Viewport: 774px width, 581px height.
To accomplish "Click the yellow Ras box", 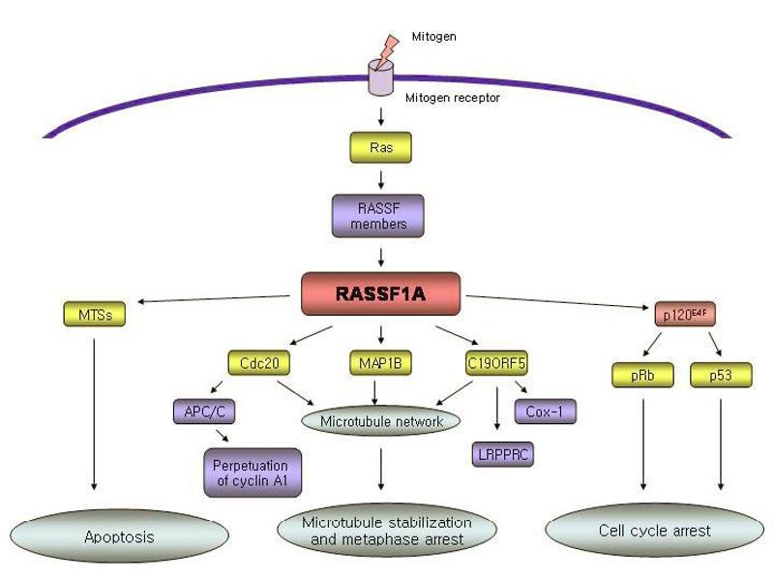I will coord(381,147).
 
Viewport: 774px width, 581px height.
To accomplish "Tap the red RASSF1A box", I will coord(380,293).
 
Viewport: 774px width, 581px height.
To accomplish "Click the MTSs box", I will coord(93,315).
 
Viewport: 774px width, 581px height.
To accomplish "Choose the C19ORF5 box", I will coord(497,364).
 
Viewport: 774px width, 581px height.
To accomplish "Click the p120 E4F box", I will coord(683,315).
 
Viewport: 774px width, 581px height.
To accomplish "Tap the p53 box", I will coord(721,375).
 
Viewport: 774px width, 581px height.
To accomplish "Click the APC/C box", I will coord(204,413).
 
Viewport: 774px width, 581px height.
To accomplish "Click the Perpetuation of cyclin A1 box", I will coord(252,473).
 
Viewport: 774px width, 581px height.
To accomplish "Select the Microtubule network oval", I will coord(381,421).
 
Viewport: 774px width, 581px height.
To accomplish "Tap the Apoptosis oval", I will coord(118,535).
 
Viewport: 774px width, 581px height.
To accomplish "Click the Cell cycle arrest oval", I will coord(654,531).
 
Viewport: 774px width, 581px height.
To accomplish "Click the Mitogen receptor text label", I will coord(452,98).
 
